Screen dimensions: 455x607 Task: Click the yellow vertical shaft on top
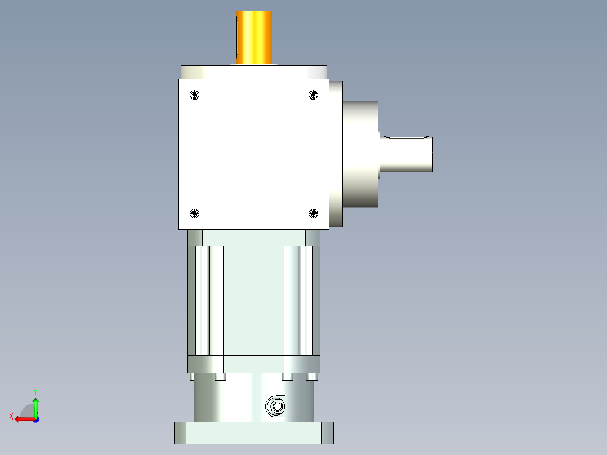(255, 37)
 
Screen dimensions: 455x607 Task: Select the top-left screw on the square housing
(195, 95)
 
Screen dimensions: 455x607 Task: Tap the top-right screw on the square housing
(314, 95)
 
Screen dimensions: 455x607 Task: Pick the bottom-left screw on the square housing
(195, 213)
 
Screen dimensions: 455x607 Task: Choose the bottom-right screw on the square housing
(314, 213)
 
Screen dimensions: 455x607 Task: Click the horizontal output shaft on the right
(407, 154)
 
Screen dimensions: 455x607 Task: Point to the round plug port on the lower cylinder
(276, 405)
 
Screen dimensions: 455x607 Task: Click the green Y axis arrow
(35, 405)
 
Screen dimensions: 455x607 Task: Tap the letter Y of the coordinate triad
(35, 391)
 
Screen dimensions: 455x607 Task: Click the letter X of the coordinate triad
(11, 416)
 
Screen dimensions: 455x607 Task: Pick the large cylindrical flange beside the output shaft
(360, 154)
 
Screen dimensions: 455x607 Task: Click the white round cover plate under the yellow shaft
(254, 72)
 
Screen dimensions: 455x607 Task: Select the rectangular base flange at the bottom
(253, 432)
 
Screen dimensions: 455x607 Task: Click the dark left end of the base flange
(180, 432)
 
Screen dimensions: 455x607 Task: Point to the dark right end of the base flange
(327, 432)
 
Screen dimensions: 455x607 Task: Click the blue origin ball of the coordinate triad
(35, 419)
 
